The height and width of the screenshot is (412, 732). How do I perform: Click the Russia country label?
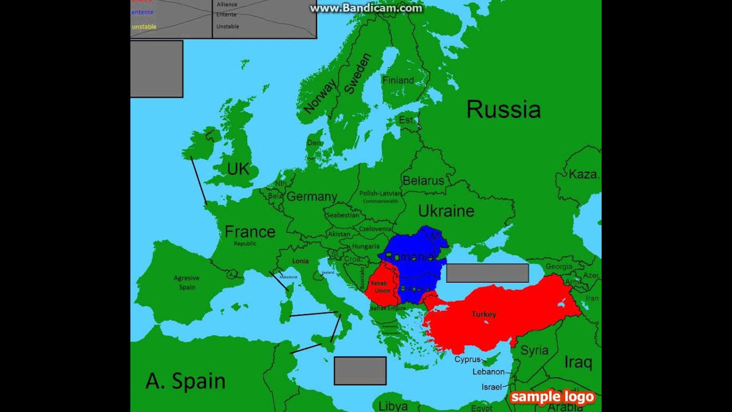(503, 109)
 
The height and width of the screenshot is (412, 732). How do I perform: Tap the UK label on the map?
(238, 169)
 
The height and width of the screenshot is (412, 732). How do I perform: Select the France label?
(250, 232)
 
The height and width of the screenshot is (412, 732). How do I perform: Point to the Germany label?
(312, 197)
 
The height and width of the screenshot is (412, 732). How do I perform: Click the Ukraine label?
(446, 211)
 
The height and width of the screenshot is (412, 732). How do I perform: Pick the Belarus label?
(423, 181)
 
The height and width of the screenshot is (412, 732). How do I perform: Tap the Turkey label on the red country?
(484, 314)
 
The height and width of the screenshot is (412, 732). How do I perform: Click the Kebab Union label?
(382, 287)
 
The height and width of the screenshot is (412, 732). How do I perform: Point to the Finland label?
(398, 81)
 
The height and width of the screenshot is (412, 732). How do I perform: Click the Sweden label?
(357, 74)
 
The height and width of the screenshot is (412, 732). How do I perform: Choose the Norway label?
(320, 96)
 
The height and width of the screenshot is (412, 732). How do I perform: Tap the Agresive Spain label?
(187, 283)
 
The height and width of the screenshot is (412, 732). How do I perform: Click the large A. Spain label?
(185, 381)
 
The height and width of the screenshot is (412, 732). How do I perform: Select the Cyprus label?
(468, 359)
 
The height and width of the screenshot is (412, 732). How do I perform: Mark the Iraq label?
(578, 362)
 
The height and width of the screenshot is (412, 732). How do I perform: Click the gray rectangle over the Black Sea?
(487, 273)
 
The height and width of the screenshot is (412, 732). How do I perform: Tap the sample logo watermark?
(552, 397)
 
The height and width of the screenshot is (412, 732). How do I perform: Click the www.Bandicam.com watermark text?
(366, 8)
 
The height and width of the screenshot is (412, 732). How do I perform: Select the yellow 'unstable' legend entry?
(144, 26)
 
